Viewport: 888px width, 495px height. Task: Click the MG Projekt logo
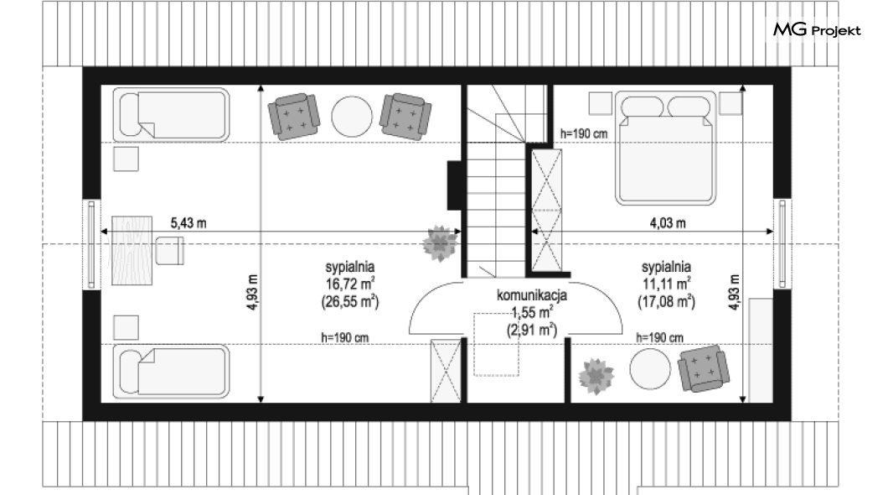pos(817,29)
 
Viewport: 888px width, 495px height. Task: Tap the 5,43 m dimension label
pos(188,223)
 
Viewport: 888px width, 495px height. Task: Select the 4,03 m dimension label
pos(668,223)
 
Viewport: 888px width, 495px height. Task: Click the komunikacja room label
pos(532,294)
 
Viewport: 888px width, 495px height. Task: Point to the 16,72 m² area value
pos(349,284)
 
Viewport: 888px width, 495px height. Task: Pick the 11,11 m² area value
pos(666,284)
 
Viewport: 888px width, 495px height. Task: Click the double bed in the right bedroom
pos(666,148)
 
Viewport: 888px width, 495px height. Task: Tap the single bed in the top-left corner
pos(171,115)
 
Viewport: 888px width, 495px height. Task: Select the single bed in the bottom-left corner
pos(171,372)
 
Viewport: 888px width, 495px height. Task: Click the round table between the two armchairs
pos(352,117)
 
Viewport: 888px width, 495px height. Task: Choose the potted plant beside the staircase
pos(440,244)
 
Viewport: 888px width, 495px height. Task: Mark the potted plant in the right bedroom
pos(596,376)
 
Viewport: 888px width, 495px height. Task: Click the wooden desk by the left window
pos(132,250)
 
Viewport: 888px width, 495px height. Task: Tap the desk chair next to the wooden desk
pos(170,251)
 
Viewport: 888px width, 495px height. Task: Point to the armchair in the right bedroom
pos(703,368)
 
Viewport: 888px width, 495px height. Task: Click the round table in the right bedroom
pos(650,368)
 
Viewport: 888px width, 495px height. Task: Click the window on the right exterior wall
pos(782,244)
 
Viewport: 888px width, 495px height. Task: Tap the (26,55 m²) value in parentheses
pos(350,302)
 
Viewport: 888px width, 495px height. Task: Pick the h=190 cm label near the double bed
pos(584,133)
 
